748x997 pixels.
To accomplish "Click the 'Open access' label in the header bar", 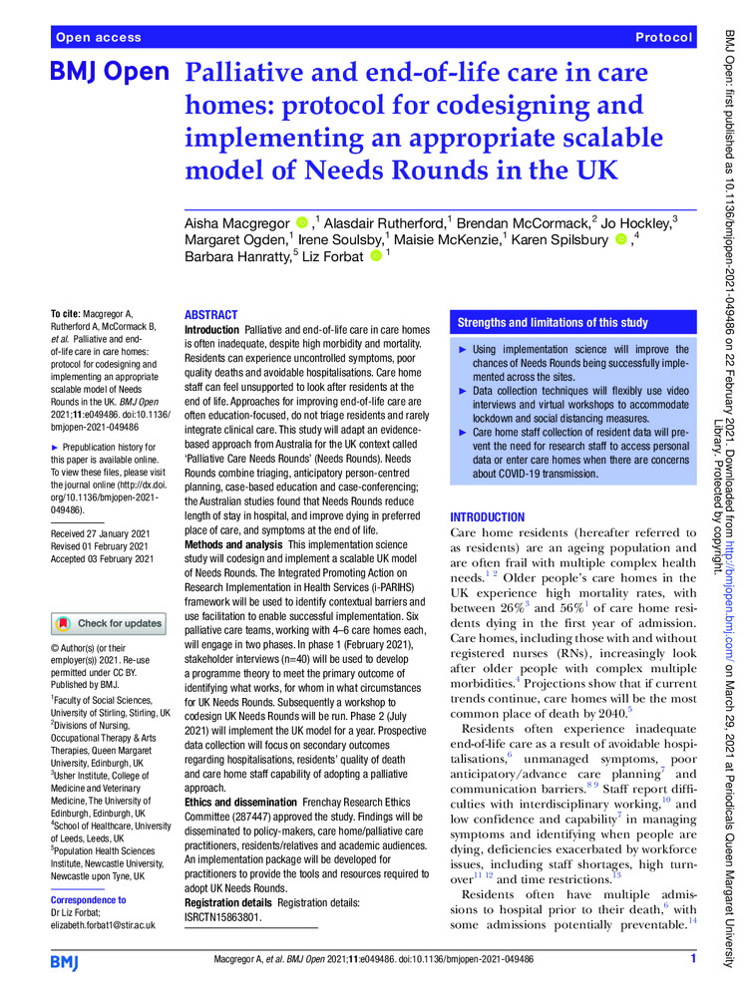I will click(99, 37).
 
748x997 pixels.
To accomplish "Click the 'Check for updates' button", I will click(109, 624).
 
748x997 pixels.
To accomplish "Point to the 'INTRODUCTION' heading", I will click(488, 518).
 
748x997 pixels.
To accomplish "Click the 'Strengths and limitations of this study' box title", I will click(553, 323).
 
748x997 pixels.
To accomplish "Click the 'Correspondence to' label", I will click(88, 899).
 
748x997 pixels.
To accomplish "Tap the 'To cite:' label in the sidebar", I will click(70, 314).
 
